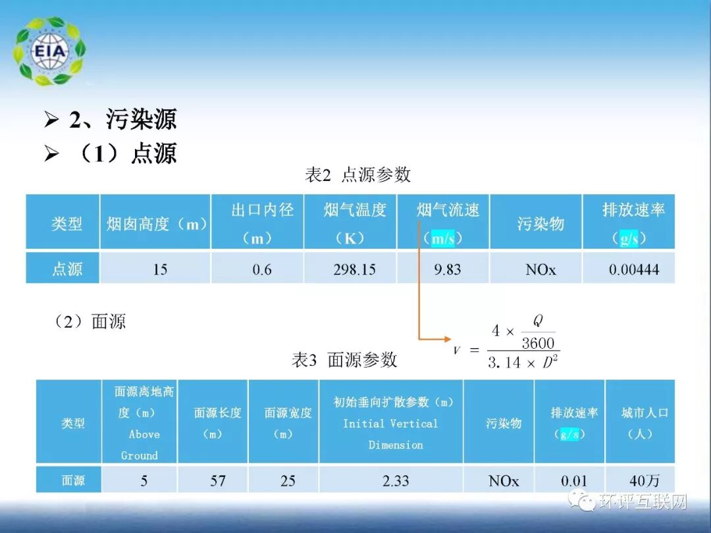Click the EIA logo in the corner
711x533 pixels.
click(x=49, y=51)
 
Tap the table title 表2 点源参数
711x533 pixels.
click(x=357, y=174)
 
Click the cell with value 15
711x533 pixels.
click(x=160, y=269)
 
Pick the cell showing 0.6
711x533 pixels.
click(x=262, y=269)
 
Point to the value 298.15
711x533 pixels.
click(x=355, y=269)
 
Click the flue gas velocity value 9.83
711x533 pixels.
click(x=447, y=269)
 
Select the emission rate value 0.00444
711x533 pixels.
click(x=633, y=269)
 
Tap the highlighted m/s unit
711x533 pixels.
click(x=442, y=239)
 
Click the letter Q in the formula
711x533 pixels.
click(x=537, y=320)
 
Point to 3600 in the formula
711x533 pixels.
click(x=538, y=343)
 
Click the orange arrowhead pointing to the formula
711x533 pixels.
click(x=447, y=340)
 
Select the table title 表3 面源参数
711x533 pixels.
click(x=344, y=360)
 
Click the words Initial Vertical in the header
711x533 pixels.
click(x=390, y=424)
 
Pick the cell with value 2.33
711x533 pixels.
click(x=396, y=481)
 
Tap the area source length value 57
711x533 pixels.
click(x=218, y=481)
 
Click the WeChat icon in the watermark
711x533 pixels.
click(x=584, y=503)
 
